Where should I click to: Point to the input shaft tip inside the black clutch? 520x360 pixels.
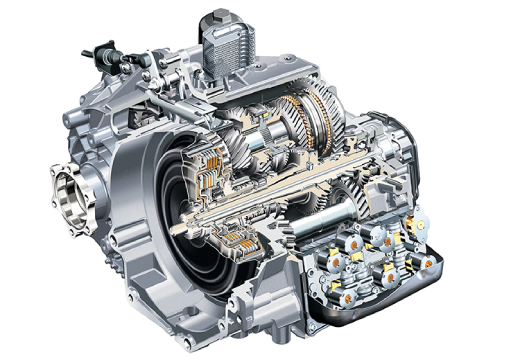coord(201,209)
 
